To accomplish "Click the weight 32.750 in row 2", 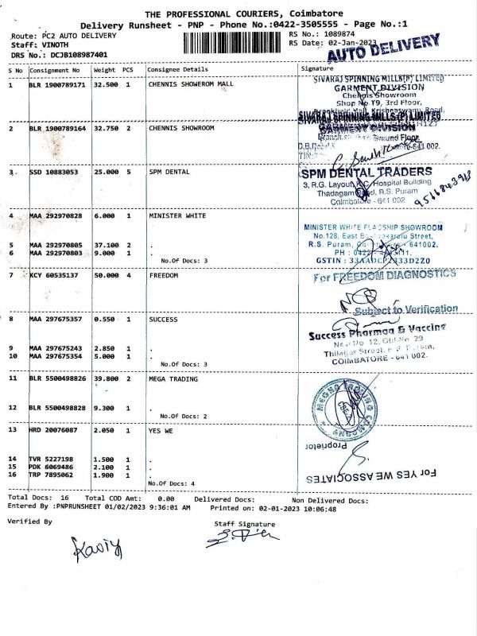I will (106, 127).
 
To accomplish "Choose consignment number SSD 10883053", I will (54, 172).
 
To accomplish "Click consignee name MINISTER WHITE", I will (176, 215).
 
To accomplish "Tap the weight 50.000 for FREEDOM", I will (106, 275).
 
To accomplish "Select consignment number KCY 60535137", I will (56, 275).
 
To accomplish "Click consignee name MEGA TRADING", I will (173, 379).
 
